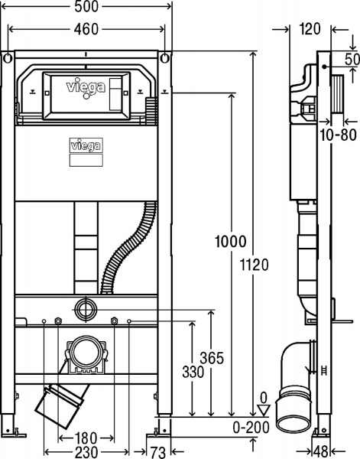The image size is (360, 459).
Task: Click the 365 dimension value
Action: pos(211,356)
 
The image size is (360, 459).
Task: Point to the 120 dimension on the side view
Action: pos(309,31)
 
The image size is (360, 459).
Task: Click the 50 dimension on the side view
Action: pos(352,60)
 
